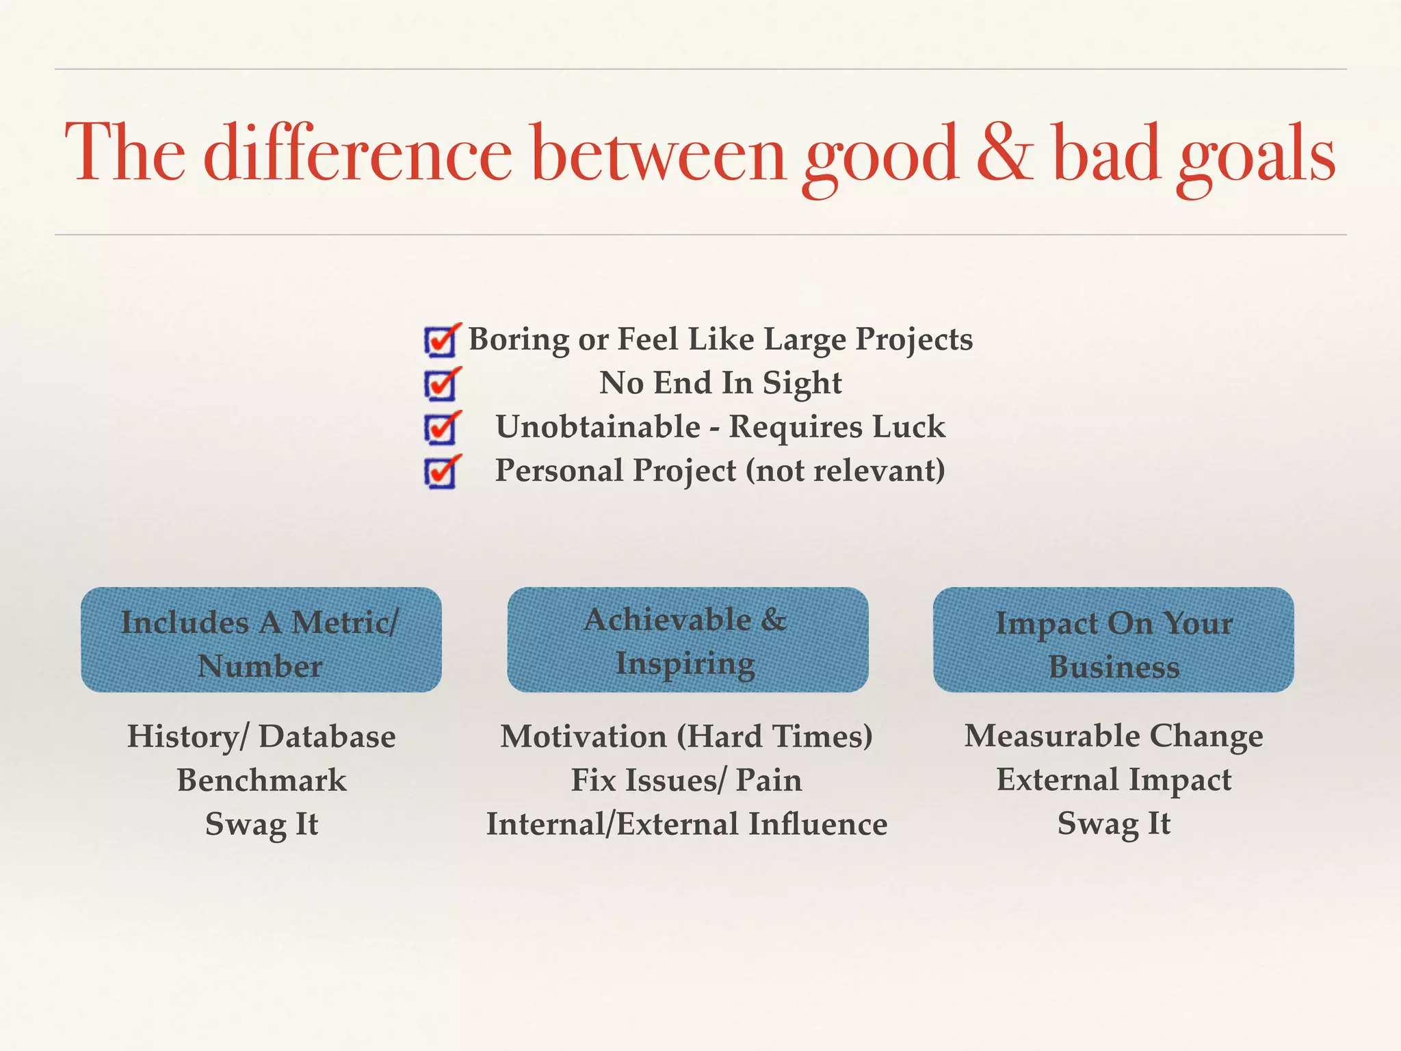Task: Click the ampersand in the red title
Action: pyautogui.click(x=1005, y=154)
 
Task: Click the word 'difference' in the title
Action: pyautogui.click(x=357, y=154)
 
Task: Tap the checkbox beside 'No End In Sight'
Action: pyautogui.click(x=441, y=385)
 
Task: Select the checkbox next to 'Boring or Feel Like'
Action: pyautogui.click(x=441, y=341)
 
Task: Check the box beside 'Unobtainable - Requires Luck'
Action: pyautogui.click(x=441, y=428)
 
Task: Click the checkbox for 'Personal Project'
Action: pyautogui.click(x=441, y=472)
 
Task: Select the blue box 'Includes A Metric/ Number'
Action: pyautogui.click(x=261, y=640)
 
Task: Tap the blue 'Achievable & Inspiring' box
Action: pyautogui.click(x=688, y=640)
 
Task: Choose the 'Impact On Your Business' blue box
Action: pyautogui.click(x=1114, y=640)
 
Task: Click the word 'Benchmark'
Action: pyautogui.click(x=261, y=780)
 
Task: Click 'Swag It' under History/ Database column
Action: pyautogui.click(x=261, y=824)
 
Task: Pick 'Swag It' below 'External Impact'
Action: pyautogui.click(x=1114, y=824)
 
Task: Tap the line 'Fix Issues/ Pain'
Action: pyautogui.click(x=686, y=780)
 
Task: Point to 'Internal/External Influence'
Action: pyautogui.click(x=686, y=824)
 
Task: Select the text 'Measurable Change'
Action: pyautogui.click(x=1114, y=736)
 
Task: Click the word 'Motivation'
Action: pyautogui.click(x=584, y=737)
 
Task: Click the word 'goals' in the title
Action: pyautogui.click(x=1255, y=157)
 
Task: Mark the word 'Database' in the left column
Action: pyautogui.click(x=327, y=737)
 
